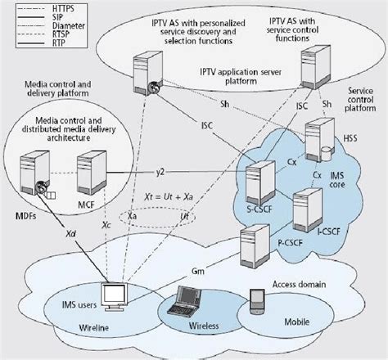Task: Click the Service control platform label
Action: [x=360, y=99]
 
